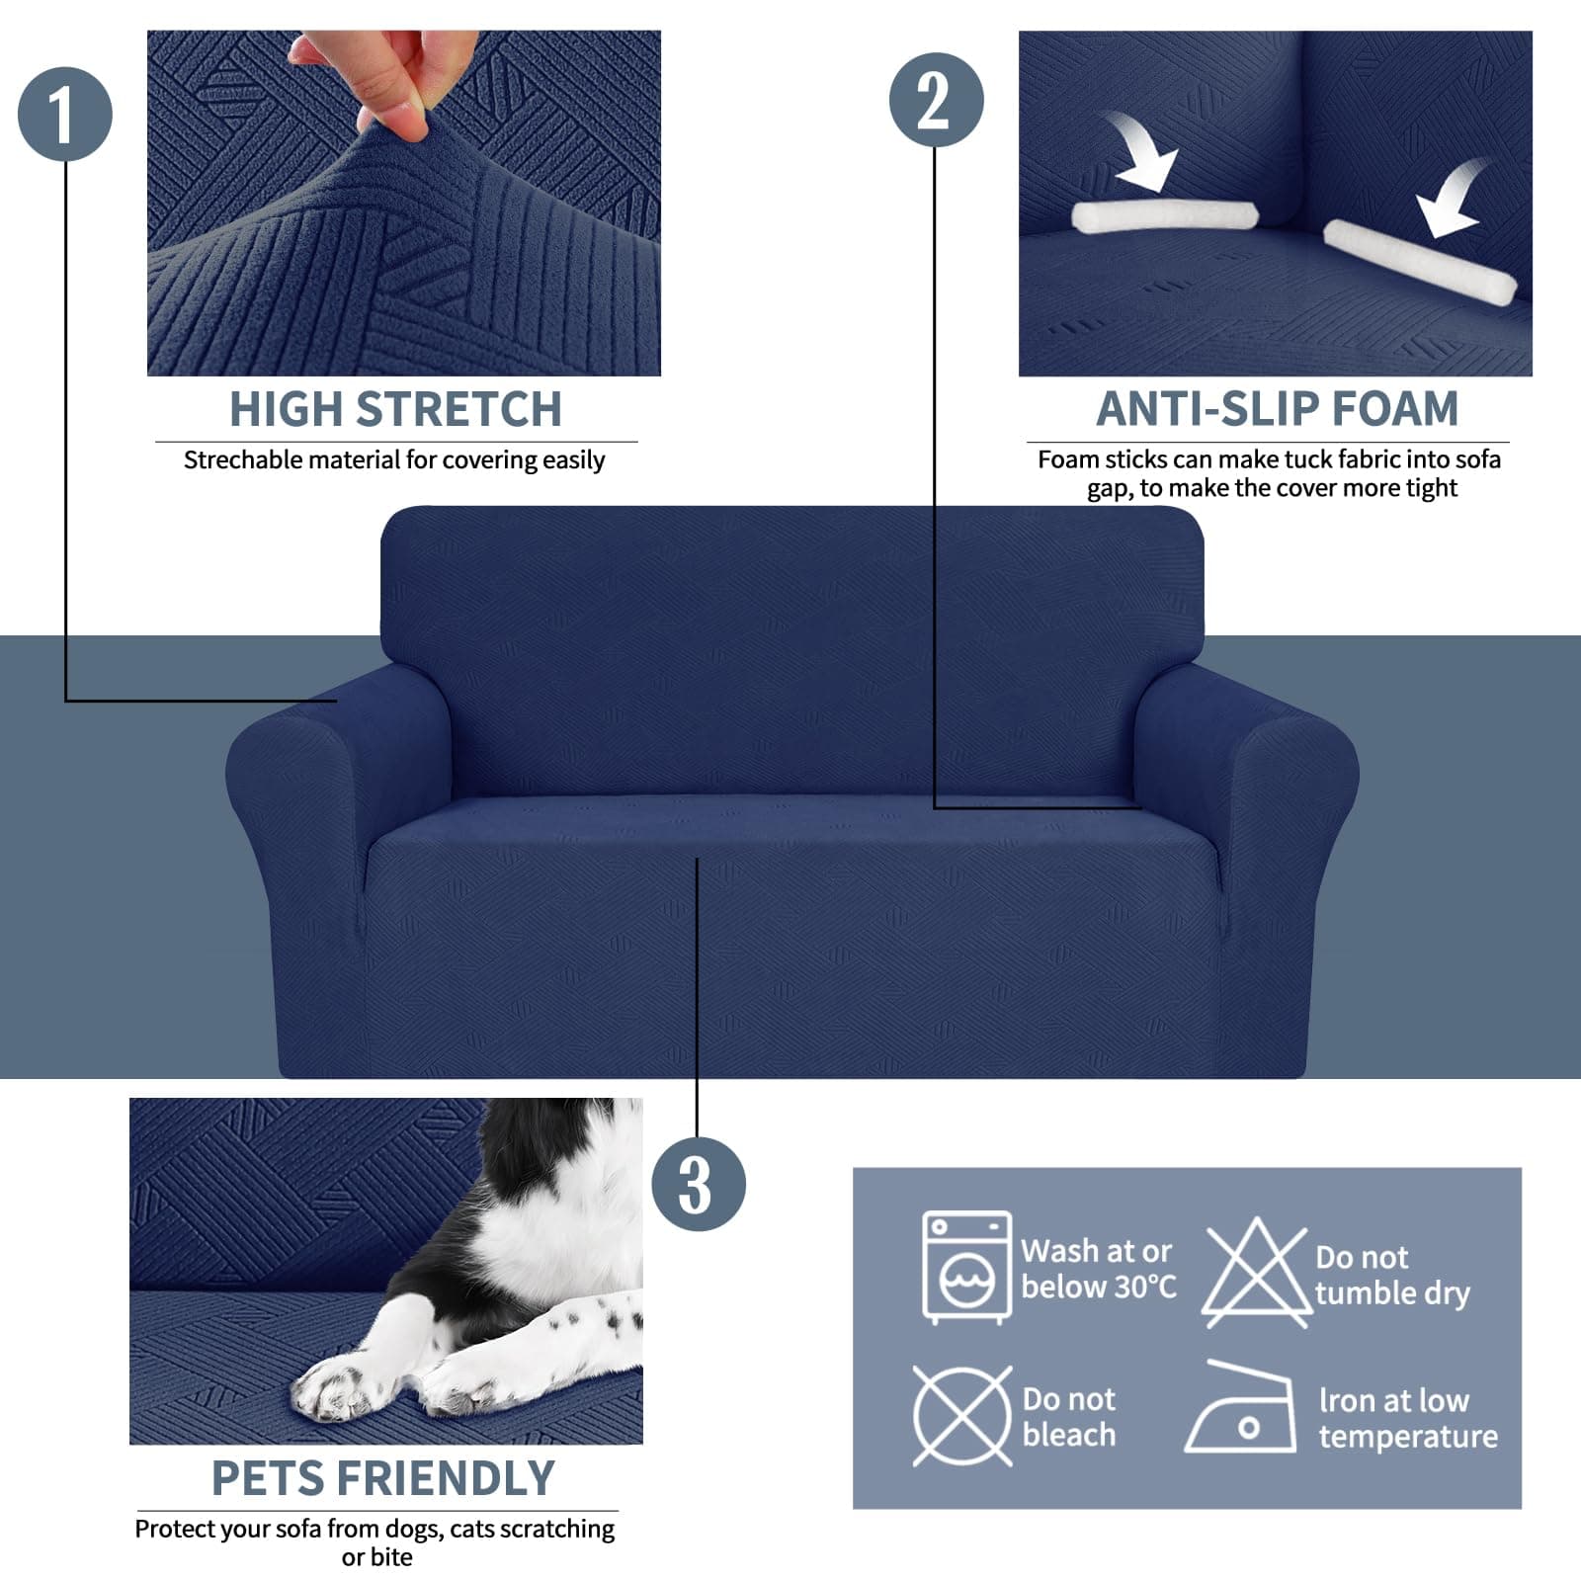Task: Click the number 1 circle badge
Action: [x=65, y=114]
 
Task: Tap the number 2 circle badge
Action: [x=936, y=100]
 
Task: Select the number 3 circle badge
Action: [x=698, y=1184]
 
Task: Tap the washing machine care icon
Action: [x=966, y=1267]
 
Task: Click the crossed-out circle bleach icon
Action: [x=961, y=1416]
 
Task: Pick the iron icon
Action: [x=1243, y=1411]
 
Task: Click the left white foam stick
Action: [x=1163, y=215]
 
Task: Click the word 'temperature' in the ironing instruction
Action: [x=1407, y=1436]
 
